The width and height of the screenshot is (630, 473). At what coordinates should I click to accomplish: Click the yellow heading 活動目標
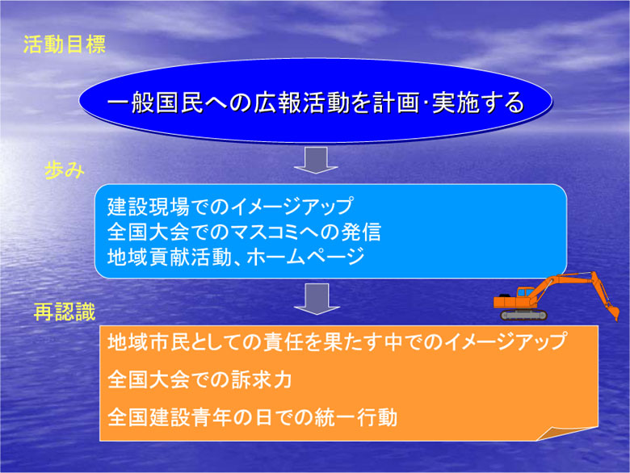coord(65,44)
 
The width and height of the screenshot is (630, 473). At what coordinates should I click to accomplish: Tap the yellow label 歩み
coord(65,170)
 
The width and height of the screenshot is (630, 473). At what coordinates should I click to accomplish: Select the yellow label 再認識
coord(65,312)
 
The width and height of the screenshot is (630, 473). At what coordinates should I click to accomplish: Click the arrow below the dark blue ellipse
coord(316,160)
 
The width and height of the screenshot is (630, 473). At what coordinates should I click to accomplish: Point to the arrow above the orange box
coord(317,299)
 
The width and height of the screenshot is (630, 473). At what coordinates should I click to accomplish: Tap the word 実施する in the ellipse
coord(478,103)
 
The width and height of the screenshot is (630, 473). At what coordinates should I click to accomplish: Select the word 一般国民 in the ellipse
coord(155,103)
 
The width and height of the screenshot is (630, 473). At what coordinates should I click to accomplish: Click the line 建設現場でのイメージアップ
coord(230,207)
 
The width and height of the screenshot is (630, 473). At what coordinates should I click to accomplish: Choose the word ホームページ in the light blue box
coord(305,257)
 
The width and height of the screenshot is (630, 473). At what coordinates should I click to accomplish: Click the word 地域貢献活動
coord(169,257)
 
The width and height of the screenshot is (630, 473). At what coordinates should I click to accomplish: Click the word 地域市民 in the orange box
coord(149,341)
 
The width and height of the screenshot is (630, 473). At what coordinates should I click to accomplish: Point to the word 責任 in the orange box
coord(283,341)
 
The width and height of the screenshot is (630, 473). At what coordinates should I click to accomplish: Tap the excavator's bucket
coord(613,312)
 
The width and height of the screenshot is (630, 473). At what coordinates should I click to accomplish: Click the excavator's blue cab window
coord(526,292)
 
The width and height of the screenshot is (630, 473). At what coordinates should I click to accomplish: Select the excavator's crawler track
coord(523,315)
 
